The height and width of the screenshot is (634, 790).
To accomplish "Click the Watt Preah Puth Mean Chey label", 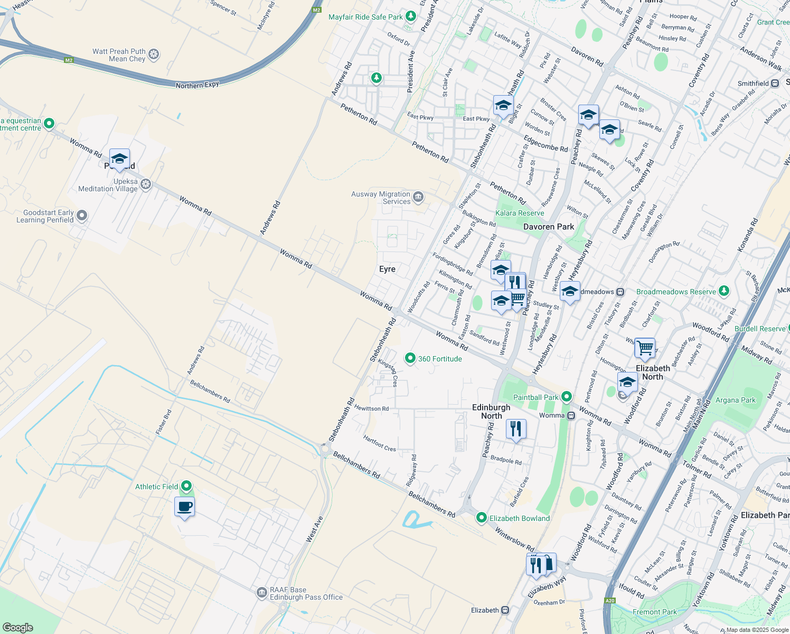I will click(119, 55).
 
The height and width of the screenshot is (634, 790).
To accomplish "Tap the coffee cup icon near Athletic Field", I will click(184, 507).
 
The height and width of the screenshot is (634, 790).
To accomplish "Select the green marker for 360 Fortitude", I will click(410, 358).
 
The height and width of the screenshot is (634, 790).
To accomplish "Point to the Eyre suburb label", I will click(387, 269).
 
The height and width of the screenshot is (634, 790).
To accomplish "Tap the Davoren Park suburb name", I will click(548, 227).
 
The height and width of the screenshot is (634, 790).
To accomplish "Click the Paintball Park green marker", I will click(567, 396).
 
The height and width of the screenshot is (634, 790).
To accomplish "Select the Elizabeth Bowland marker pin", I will click(481, 518).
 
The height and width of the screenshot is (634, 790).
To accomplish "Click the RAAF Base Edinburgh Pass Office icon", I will click(261, 593).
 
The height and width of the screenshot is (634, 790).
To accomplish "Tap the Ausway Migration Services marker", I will click(418, 197).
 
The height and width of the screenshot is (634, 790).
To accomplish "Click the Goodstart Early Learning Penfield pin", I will click(82, 216).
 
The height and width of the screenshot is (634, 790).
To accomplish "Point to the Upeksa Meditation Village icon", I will click(146, 184).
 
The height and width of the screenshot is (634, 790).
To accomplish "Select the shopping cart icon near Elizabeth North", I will click(645, 348).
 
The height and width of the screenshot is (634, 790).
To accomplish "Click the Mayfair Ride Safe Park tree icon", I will click(411, 16).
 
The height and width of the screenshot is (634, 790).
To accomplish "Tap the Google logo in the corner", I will click(18, 627).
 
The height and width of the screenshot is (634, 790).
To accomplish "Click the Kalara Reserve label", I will click(520, 213).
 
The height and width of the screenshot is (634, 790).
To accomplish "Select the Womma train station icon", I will click(571, 416).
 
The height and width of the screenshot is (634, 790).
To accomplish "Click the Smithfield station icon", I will click(775, 83).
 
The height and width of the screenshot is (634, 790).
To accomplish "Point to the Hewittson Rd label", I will click(371, 408).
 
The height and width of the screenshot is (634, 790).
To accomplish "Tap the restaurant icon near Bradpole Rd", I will click(516, 428).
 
